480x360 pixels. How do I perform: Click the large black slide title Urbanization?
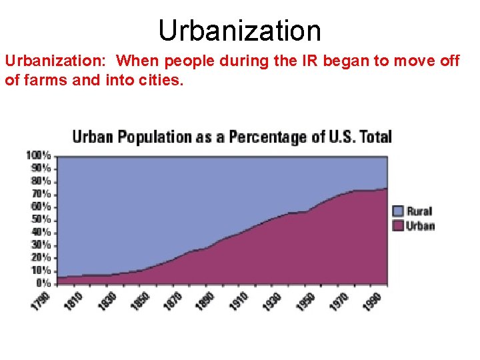point(240,30)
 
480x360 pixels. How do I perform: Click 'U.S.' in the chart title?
point(338,137)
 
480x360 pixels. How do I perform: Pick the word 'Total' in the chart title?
point(375,137)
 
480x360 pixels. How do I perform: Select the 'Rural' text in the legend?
point(420,211)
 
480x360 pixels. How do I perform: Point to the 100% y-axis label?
point(38,155)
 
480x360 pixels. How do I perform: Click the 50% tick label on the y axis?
point(40,219)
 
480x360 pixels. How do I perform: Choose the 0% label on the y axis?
point(43,283)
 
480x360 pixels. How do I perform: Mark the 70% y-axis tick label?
point(40,193)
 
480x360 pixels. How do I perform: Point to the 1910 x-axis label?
point(239,300)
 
